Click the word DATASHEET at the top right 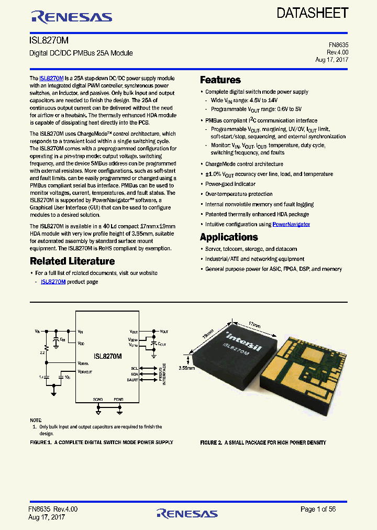point(313,13)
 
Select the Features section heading point(220,80)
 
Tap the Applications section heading point(229,237)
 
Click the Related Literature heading point(72,261)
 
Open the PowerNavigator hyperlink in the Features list point(291,224)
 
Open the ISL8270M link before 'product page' point(53,282)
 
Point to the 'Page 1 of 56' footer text point(318,509)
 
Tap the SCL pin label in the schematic point(135,369)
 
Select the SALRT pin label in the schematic point(132,380)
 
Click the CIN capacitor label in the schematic point(62,339)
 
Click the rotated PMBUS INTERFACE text point(164,374)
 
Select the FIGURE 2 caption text point(263,443)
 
